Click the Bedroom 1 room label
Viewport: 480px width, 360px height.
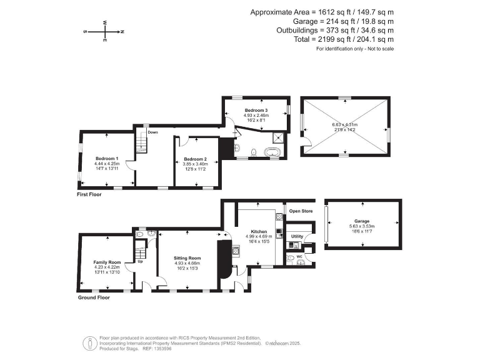tap(107, 159)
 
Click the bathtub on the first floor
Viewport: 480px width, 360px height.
tap(272, 152)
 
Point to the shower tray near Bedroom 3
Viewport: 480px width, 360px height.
tap(277, 139)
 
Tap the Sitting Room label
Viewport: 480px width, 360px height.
tap(187, 257)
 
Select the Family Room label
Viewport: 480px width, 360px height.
tap(106, 262)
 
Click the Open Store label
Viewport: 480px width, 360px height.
tap(300, 211)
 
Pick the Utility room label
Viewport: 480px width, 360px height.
tap(297, 236)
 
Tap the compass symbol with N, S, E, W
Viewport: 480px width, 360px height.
tap(104, 31)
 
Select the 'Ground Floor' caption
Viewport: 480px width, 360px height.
tap(94, 297)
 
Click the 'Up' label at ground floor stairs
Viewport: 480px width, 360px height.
tap(139, 262)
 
